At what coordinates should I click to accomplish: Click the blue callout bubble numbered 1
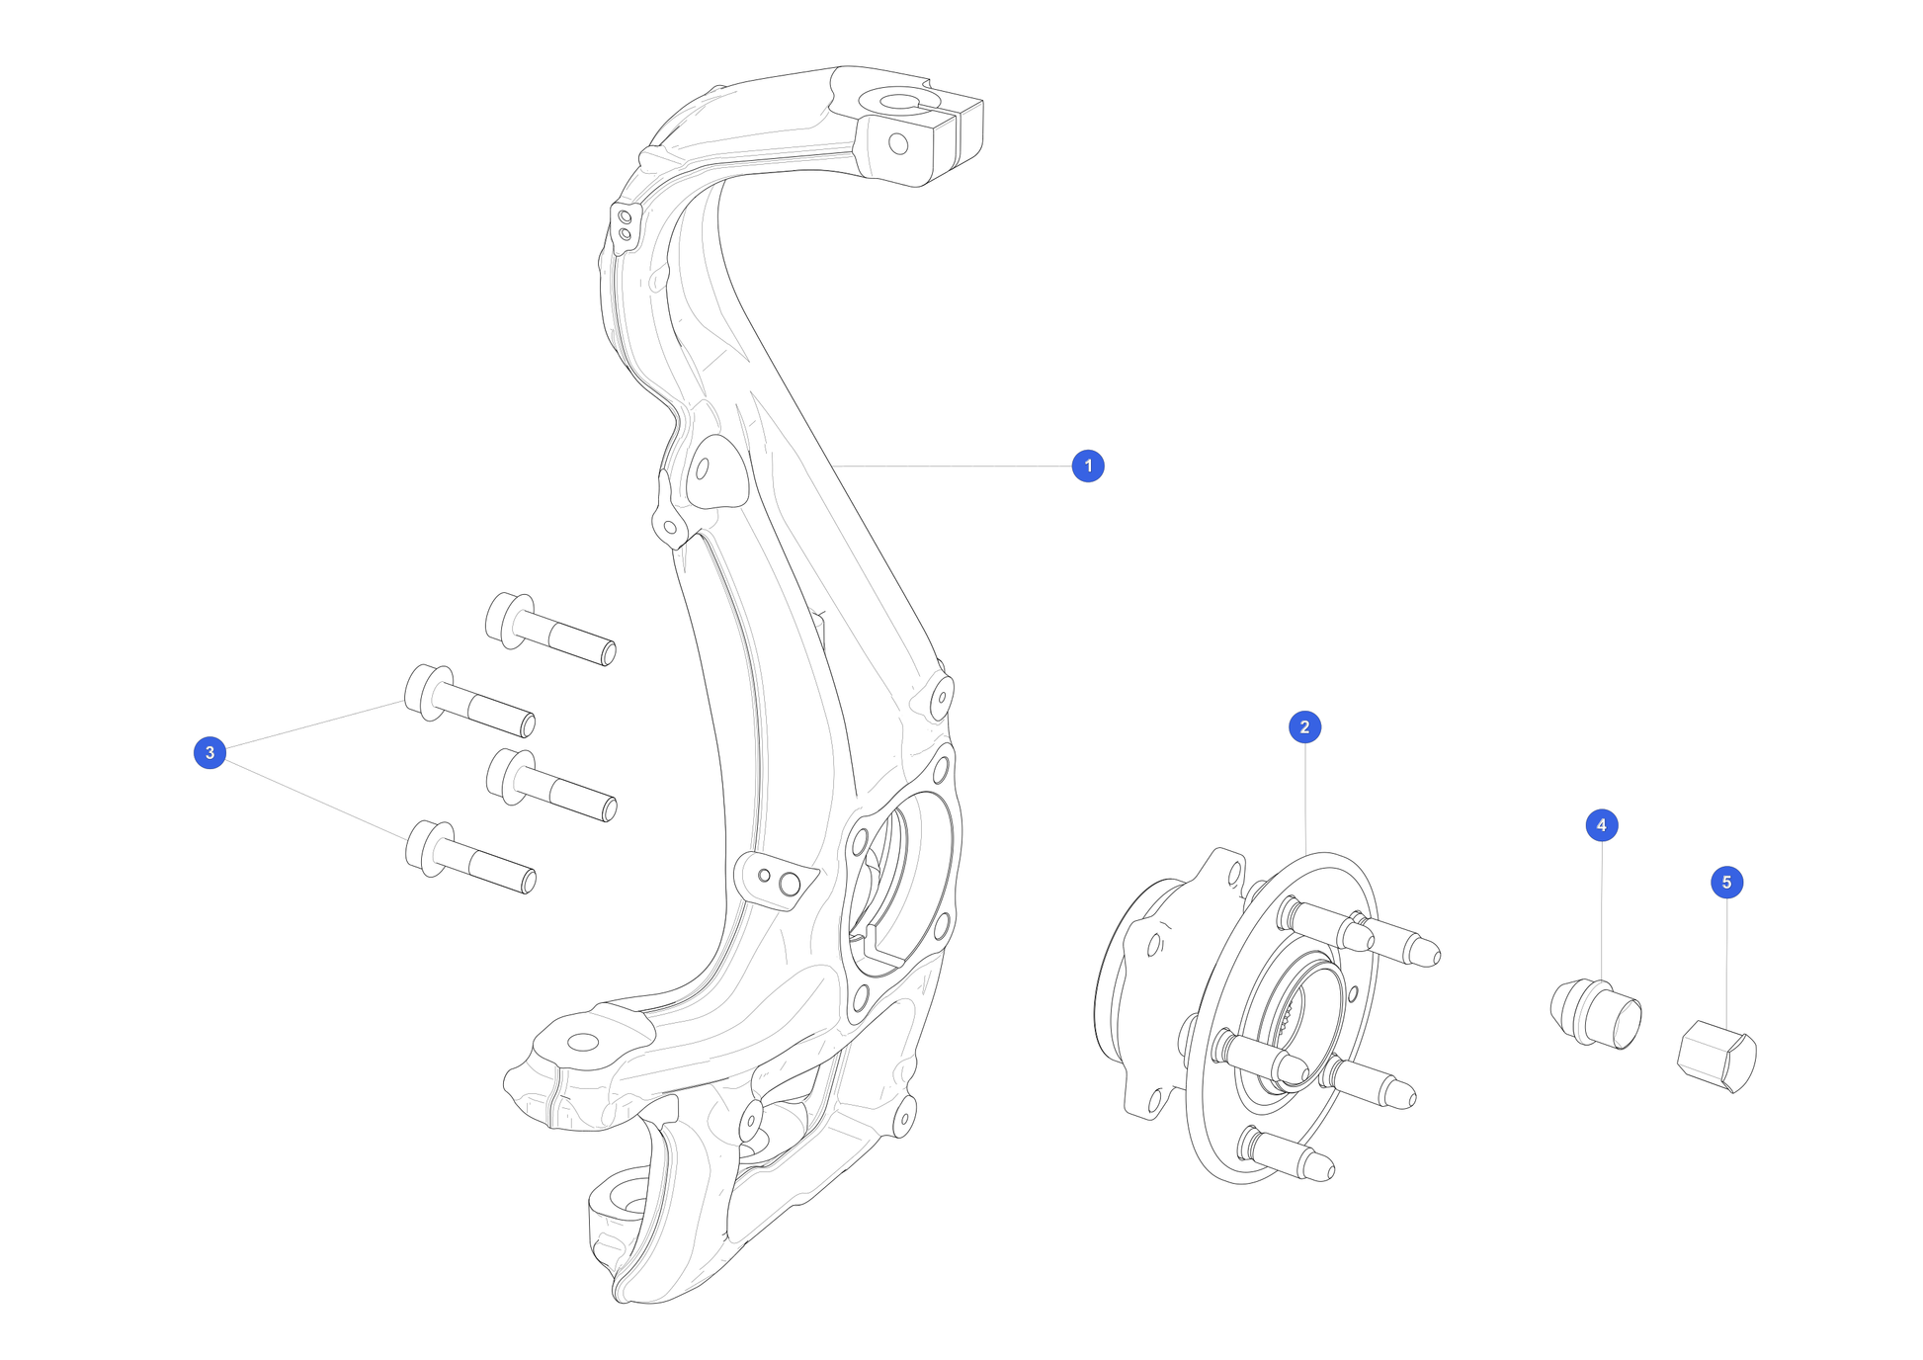coord(1088,466)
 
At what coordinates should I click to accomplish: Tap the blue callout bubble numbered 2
coord(1304,727)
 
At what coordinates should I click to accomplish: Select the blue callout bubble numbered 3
coord(209,753)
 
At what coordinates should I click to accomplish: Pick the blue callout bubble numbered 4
coord(1602,825)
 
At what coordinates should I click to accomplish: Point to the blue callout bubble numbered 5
coord(1727,883)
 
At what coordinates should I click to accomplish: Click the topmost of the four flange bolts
coord(550,629)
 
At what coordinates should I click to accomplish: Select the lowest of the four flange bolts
coord(470,857)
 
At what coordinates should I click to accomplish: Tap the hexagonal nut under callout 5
coord(1717,1057)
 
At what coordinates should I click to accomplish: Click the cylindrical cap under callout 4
coord(1595,1013)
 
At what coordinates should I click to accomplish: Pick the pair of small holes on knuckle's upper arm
coord(625,223)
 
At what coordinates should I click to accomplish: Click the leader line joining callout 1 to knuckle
coord(953,466)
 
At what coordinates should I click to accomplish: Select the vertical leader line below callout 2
coord(1305,799)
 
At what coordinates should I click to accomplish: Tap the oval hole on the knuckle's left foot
coord(583,1042)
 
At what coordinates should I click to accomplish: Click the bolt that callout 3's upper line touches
coord(470,701)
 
